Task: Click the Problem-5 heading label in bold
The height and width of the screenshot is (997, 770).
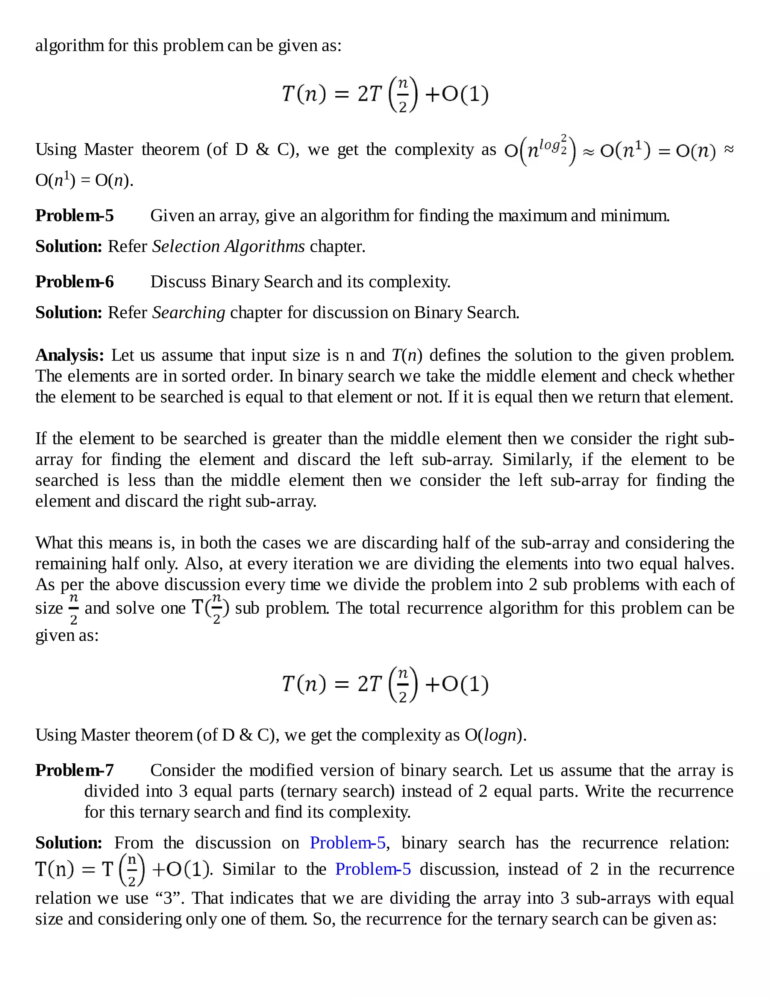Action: click(74, 216)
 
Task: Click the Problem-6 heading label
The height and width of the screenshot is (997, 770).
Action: click(74, 282)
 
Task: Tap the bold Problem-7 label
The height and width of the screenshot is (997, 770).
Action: click(74, 771)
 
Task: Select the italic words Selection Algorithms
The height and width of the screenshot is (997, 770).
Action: click(228, 246)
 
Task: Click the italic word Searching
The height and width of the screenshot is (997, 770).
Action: click(188, 313)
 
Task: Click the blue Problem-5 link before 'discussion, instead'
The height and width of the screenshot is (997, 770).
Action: click(373, 869)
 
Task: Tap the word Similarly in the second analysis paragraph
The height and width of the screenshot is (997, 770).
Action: click(537, 459)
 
